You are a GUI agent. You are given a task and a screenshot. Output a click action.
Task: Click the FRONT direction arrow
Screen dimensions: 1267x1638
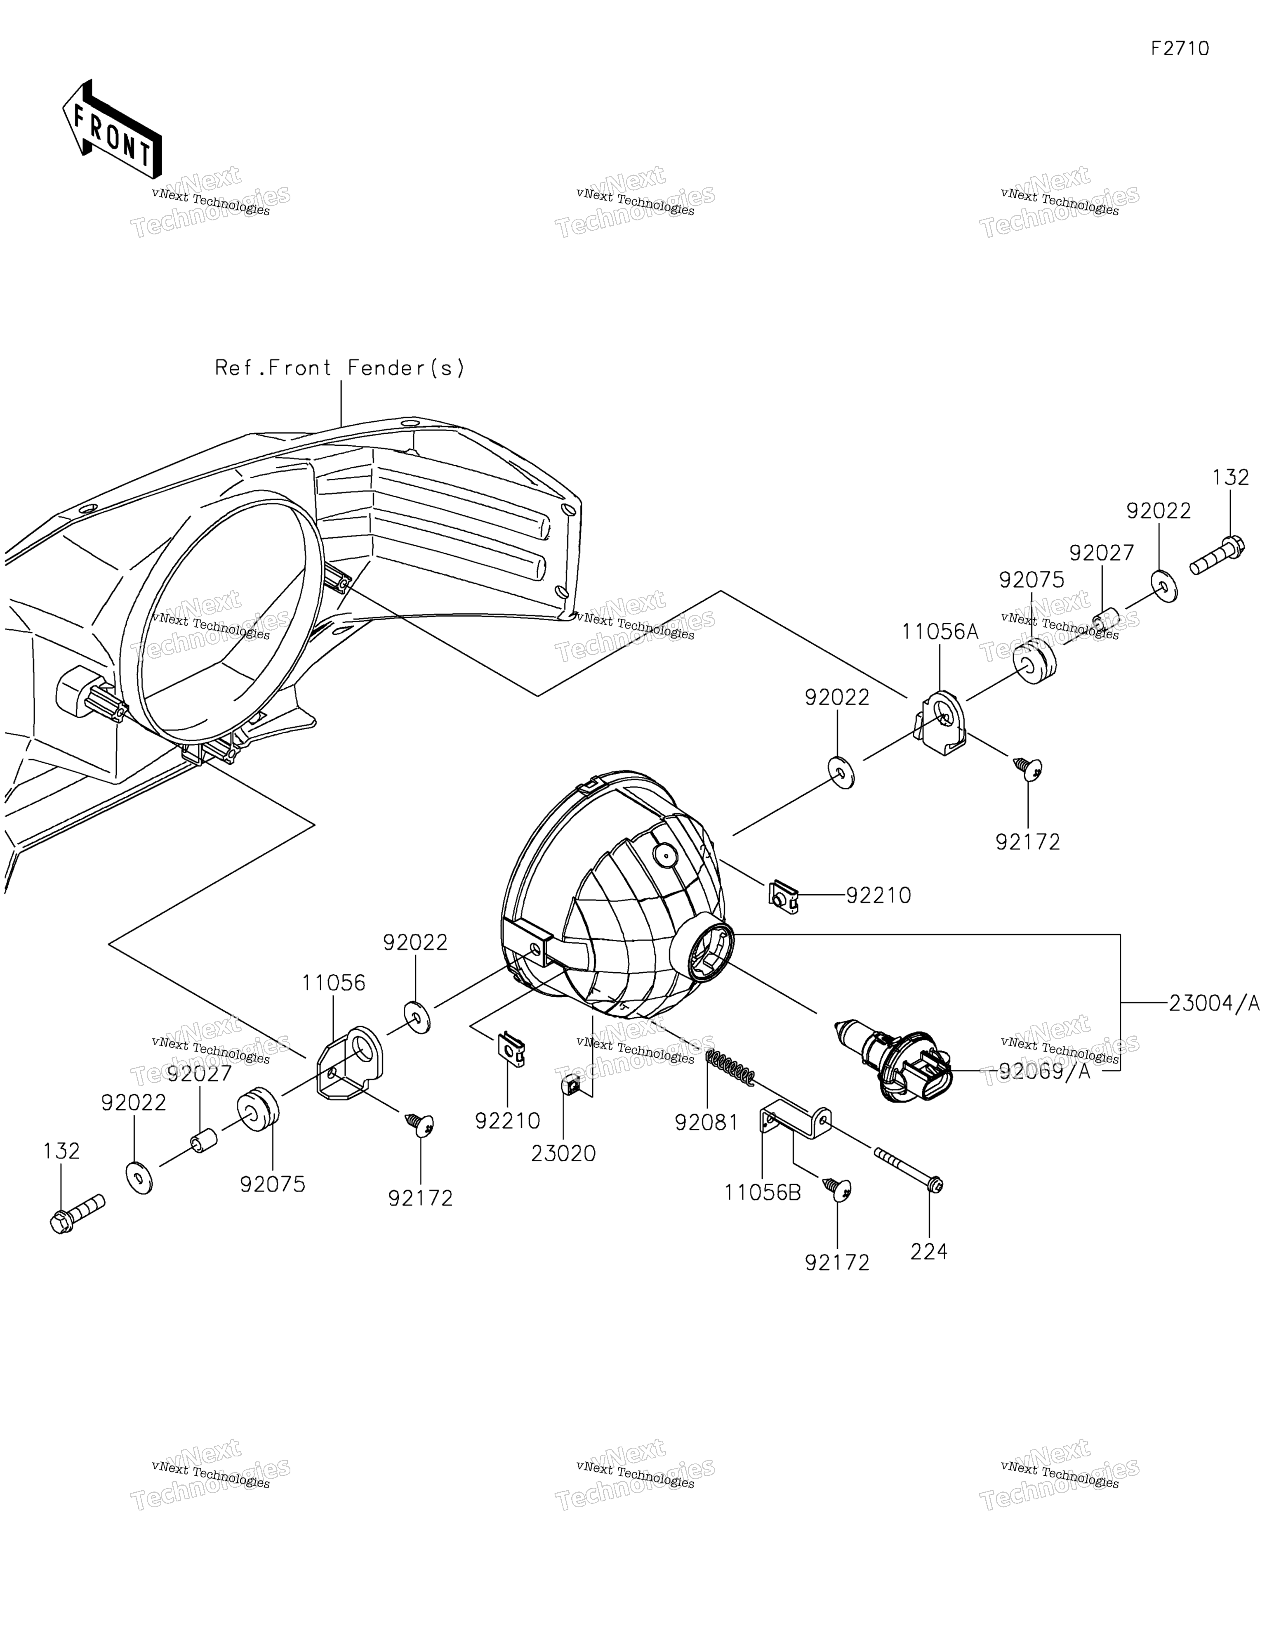[111, 130]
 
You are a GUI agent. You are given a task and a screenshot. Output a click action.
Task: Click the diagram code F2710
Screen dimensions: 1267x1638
[1180, 49]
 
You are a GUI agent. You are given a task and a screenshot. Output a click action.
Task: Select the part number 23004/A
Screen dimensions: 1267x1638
[1214, 1003]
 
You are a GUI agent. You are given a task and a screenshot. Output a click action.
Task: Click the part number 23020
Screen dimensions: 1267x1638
[563, 1153]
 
